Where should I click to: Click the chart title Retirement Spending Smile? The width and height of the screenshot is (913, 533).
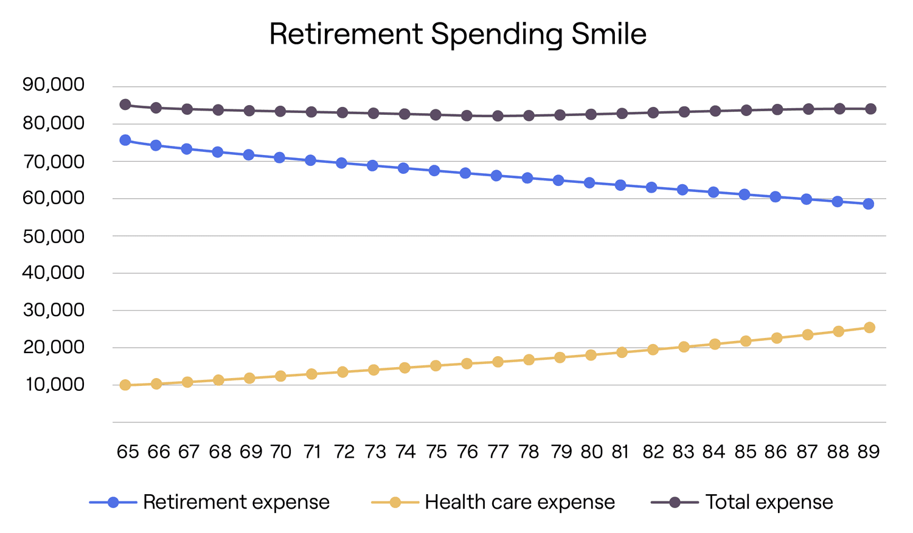pos(457,34)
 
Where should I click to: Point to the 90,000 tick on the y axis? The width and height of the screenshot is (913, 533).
pos(54,84)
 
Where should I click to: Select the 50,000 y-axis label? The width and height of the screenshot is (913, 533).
pos(54,236)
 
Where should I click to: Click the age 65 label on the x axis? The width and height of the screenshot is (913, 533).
pos(128,452)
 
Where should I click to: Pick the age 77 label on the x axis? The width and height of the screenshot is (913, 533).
pos(498,452)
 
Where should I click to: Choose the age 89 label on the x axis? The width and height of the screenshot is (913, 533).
pos(868,452)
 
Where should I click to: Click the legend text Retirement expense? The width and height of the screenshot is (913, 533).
pos(236,502)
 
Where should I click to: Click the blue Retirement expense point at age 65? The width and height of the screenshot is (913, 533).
pos(125,140)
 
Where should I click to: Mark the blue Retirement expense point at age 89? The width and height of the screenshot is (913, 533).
pos(869,204)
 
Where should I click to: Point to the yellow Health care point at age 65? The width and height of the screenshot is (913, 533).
pos(125,385)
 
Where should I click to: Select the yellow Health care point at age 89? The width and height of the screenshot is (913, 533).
pos(869,328)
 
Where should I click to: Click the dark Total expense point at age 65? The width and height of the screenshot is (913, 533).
pos(125,105)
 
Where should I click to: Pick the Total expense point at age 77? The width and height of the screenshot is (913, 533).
pos(498,115)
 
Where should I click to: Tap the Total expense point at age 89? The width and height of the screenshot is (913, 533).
pos(870,109)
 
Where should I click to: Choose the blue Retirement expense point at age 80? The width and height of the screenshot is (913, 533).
pos(589,182)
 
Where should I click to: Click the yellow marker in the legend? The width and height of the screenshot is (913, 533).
pos(395,502)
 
